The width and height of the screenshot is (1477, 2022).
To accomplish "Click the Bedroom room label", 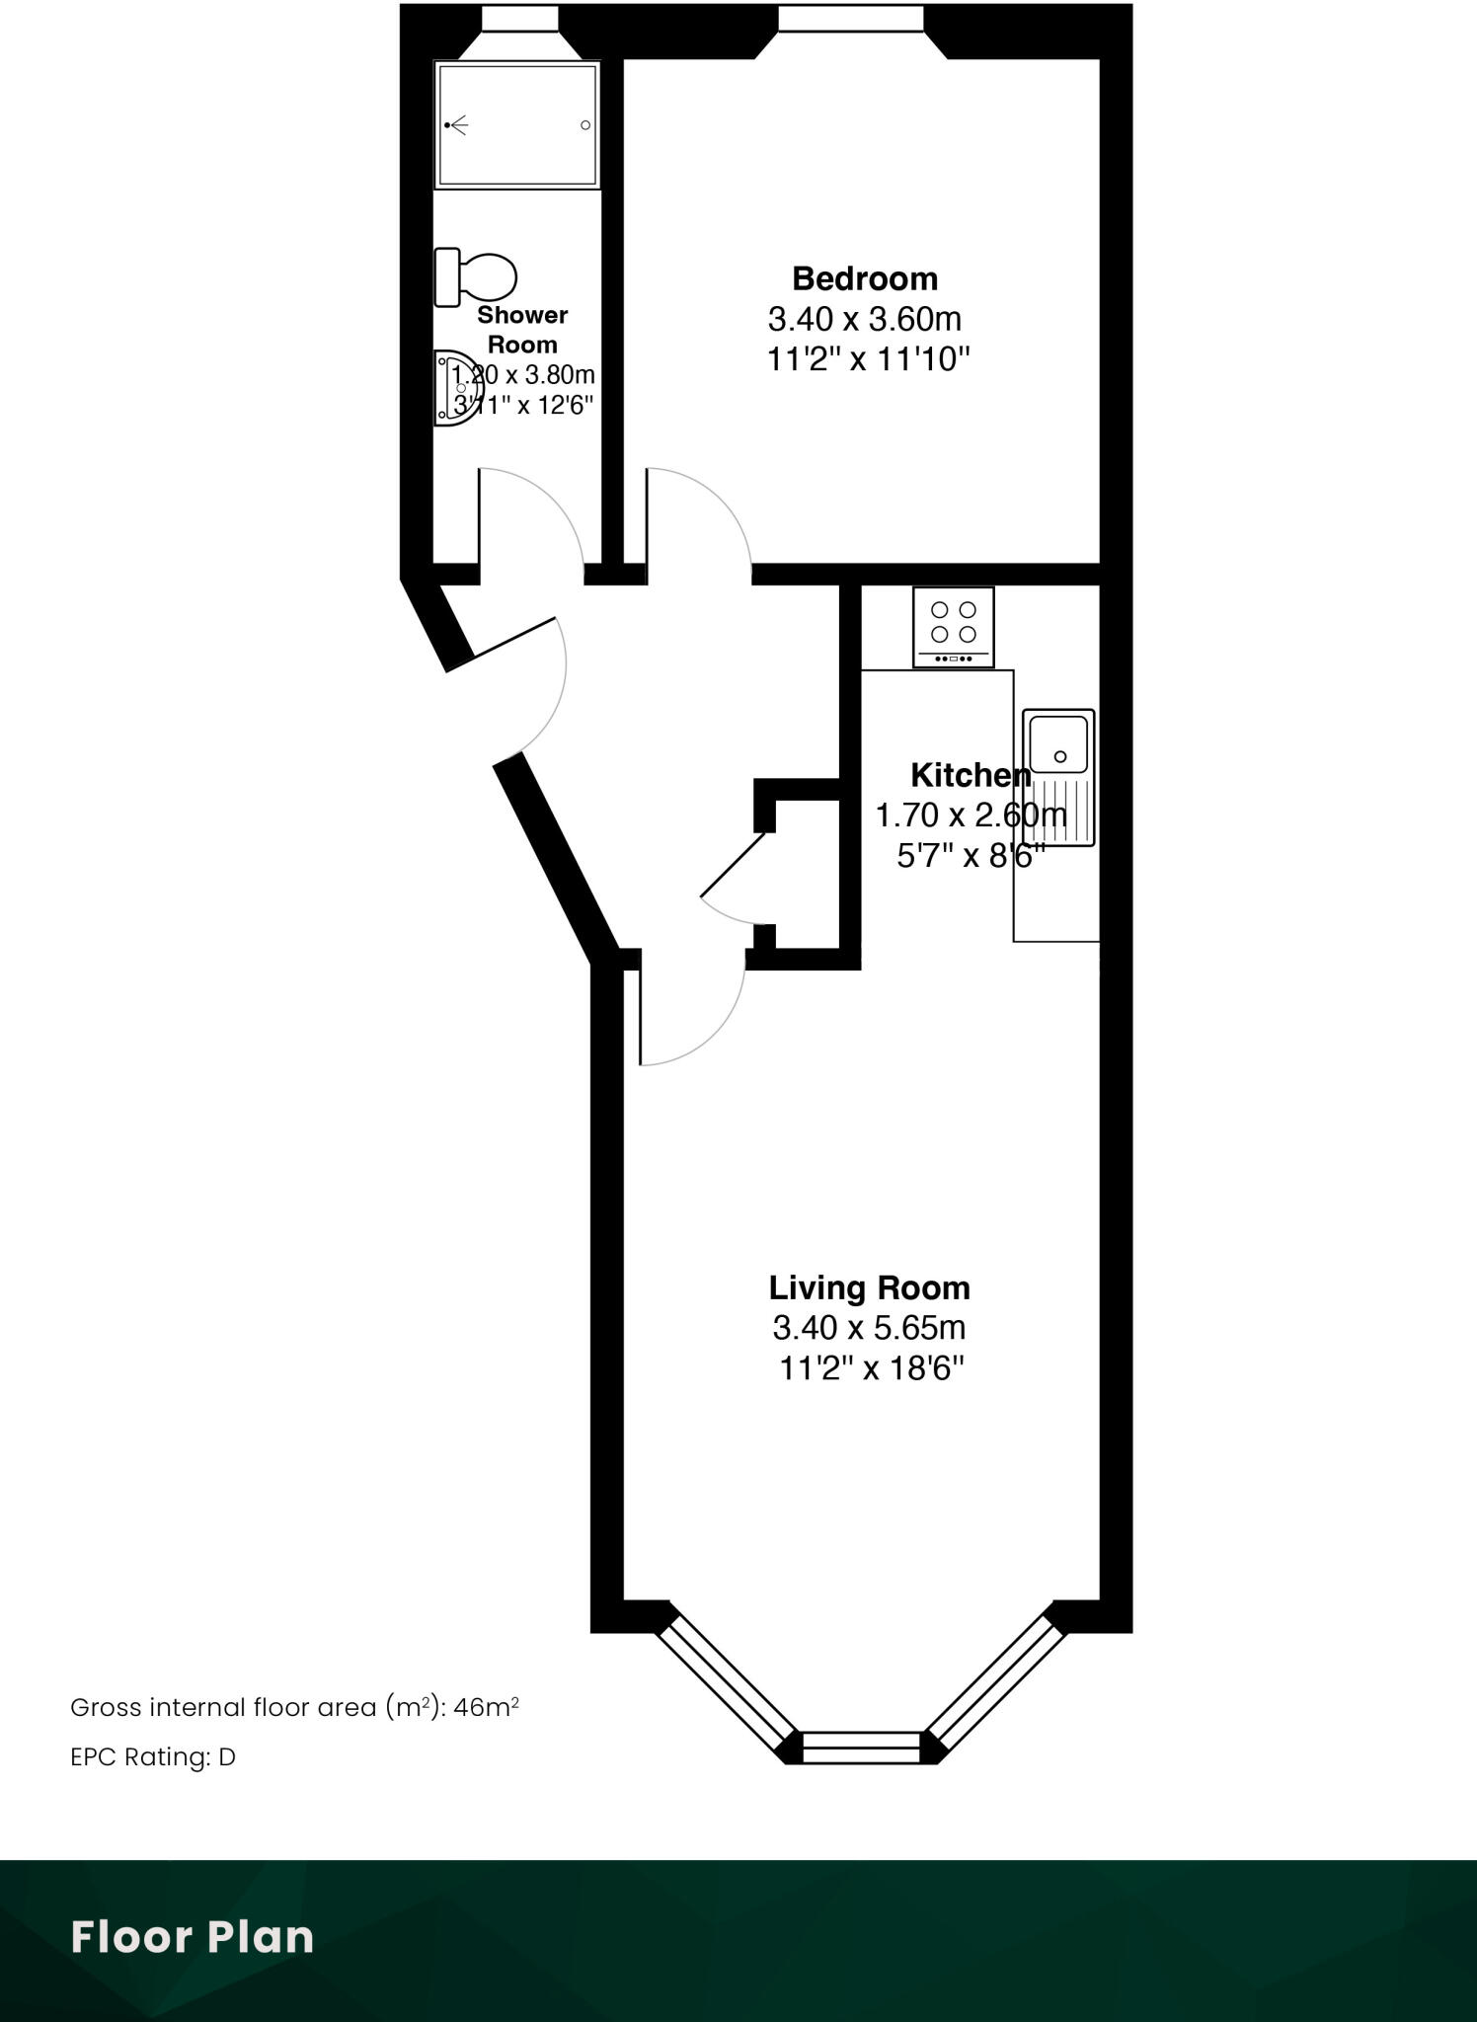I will tap(864, 279).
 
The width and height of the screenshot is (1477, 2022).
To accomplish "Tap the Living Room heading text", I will tap(869, 1287).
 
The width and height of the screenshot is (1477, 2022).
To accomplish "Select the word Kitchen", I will tap(970, 775).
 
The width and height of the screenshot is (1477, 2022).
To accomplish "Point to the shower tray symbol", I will tap(517, 125).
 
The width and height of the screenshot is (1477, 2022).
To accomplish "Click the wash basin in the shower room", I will tap(452, 389).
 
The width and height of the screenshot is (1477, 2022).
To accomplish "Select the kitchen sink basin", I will tap(1058, 744).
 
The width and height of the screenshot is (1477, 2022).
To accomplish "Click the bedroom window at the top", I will tap(850, 18).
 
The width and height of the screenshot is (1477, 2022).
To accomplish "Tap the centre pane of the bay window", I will tap(861, 1749).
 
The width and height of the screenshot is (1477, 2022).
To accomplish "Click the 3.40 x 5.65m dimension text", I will tap(869, 1328).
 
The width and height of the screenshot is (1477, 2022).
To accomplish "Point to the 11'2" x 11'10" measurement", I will tap(869, 359).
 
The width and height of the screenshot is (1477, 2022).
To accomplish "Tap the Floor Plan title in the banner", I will tap(193, 1938).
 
